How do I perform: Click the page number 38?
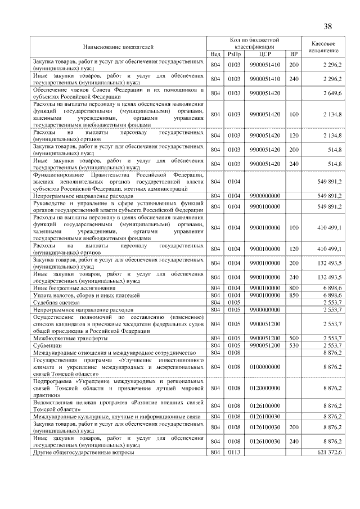click(x=327, y=26)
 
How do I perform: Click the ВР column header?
click(x=293, y=54)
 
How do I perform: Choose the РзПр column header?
click(x=234, y=54)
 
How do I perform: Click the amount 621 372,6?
click(x=330, y=453)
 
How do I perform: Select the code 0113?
click(x=234, y=453)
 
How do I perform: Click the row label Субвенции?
click(x=48, y=345)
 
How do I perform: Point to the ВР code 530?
click(x=293, y=345)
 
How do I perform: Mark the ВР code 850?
click(x=293, y=295)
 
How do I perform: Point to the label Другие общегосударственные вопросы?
click(x=83, y=453)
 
